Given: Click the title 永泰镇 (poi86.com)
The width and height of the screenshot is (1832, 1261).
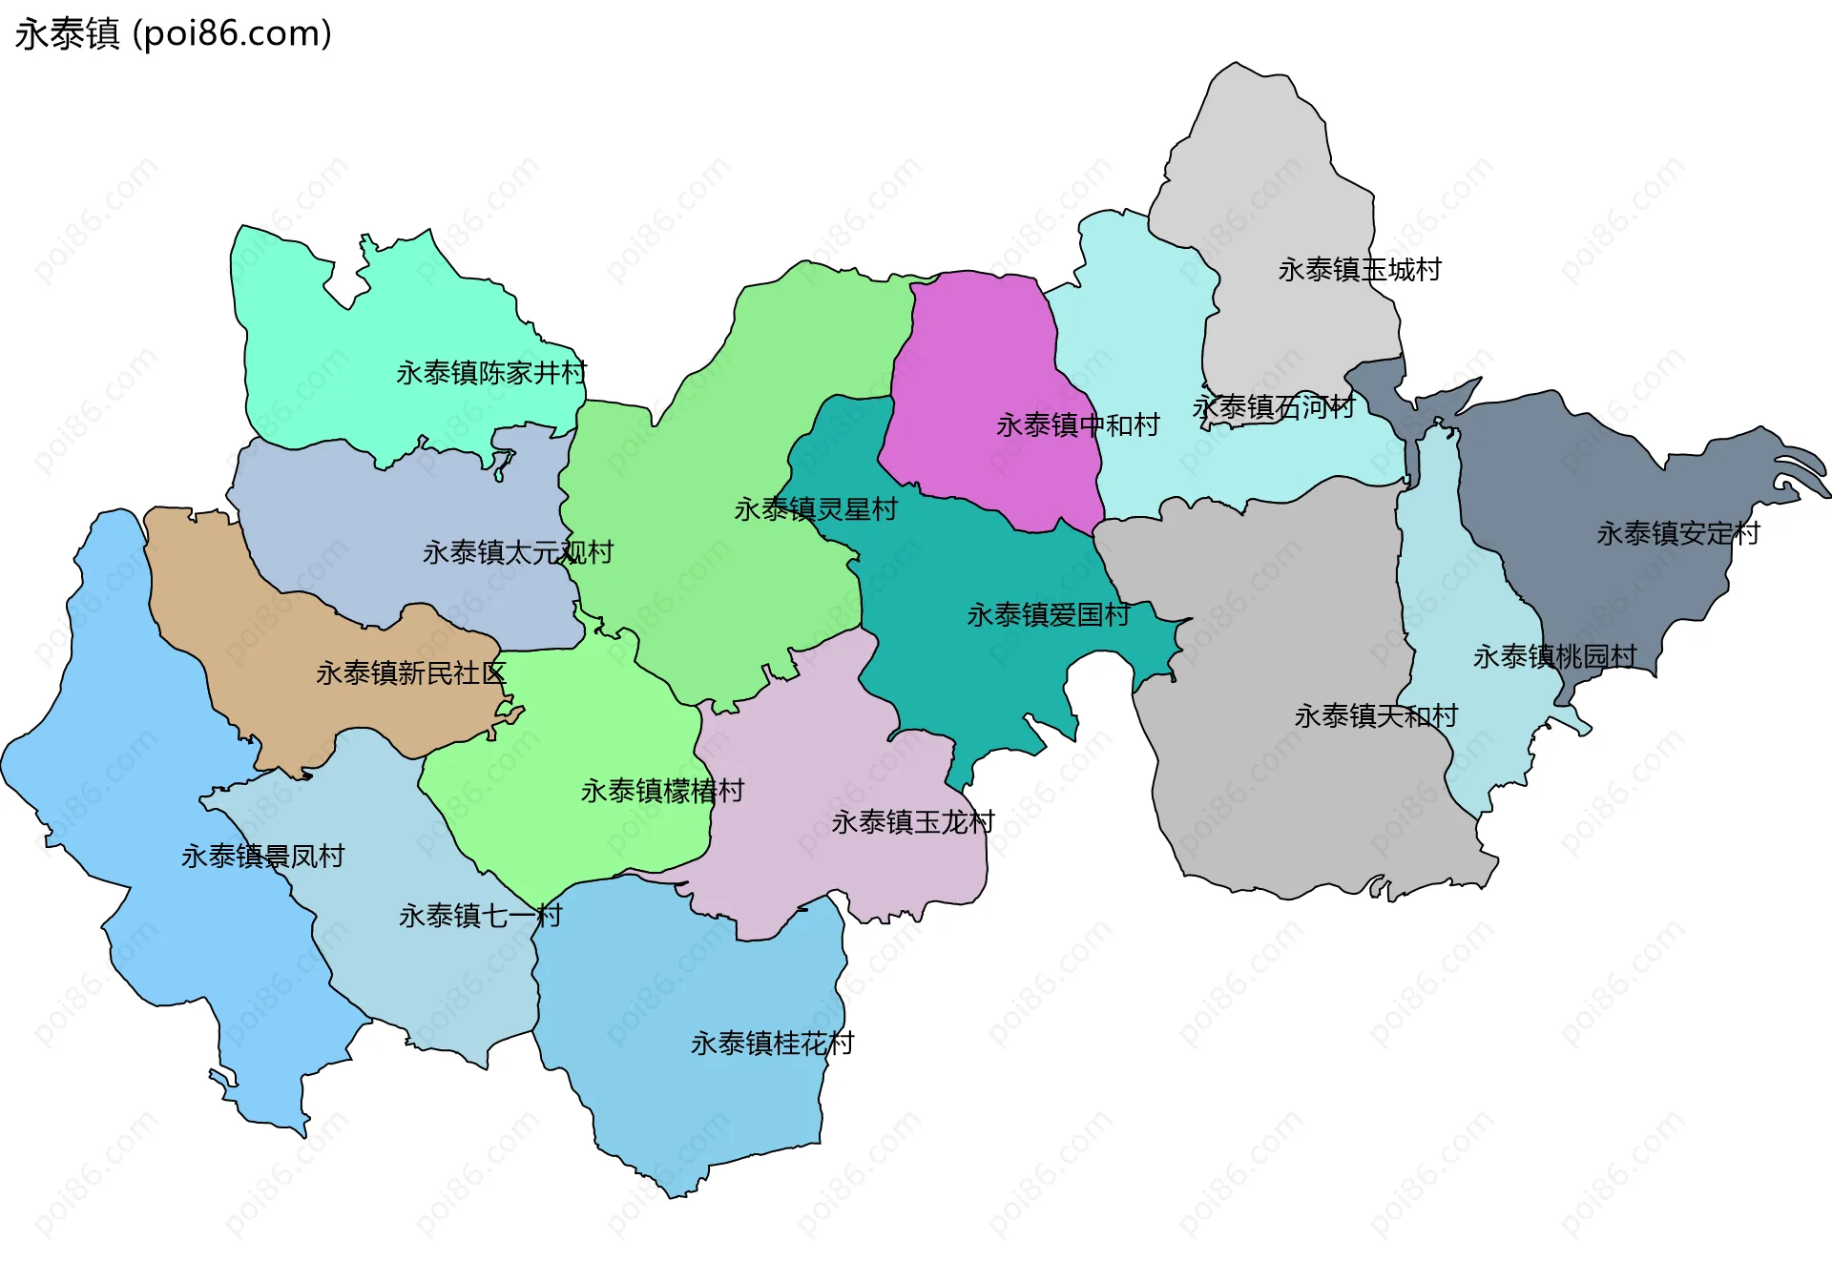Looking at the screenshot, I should point(174,33).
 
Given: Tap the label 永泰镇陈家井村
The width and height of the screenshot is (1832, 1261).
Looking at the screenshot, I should point(491,373).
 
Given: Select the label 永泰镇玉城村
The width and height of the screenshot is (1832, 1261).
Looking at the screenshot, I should point(1360,270).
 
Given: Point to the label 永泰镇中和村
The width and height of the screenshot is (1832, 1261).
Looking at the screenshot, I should point(1078,425).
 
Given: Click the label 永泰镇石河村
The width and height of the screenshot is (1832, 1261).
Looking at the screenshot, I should point(1274,408).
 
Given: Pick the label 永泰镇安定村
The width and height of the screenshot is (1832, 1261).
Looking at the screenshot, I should point(1678,533).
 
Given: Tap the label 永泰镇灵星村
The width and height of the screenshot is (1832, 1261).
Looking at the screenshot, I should point(816,509).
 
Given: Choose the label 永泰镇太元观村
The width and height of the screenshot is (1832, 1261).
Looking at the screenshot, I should point(518,552).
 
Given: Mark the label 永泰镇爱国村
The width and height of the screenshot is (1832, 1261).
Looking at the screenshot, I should point(1049,615).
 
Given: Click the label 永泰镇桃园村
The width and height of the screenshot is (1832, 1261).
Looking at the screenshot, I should point(1555,656).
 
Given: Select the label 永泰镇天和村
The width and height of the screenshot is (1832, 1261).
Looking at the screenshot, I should point(1376,716).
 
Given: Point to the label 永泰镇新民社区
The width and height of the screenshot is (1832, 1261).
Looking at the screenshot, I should point(410,673).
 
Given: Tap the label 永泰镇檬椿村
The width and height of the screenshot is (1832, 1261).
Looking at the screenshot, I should point(662,791).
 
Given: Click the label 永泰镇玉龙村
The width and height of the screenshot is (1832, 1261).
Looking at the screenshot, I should point(913,822).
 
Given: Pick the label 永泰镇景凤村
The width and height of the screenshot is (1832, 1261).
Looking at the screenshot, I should point(262,857).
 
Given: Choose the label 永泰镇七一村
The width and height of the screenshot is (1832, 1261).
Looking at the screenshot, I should point(480,916).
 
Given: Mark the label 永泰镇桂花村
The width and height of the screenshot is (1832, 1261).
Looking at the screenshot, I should point(772,1044).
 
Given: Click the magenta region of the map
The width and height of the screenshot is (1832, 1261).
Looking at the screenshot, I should point(983,362).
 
